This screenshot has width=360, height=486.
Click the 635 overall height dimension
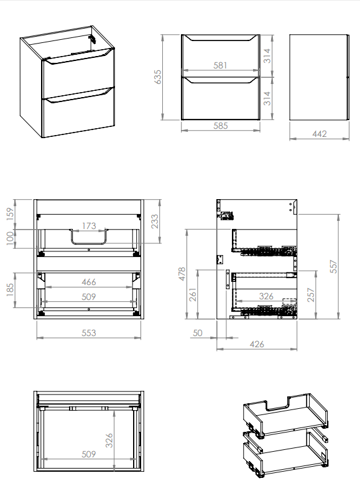pos(158,77)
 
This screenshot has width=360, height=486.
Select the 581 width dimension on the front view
pos(220,65)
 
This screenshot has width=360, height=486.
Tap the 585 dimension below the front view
pos(220,126)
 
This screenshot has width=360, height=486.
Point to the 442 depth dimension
pos(320,134)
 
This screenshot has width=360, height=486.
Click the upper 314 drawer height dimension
pos(267,56)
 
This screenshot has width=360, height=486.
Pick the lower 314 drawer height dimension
pos(267,98)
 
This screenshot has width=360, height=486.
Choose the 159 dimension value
pos(10,214)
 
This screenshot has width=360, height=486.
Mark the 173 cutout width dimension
pos(89,226)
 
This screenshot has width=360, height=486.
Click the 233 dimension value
pos(154,222)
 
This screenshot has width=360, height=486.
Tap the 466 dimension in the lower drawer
pos(89,282)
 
